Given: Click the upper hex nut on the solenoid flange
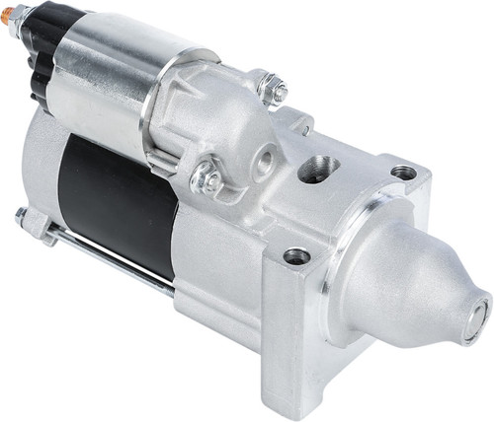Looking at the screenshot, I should [272, 89].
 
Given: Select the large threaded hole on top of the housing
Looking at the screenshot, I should [317, 168].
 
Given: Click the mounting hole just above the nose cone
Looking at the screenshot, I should [403, 173].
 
